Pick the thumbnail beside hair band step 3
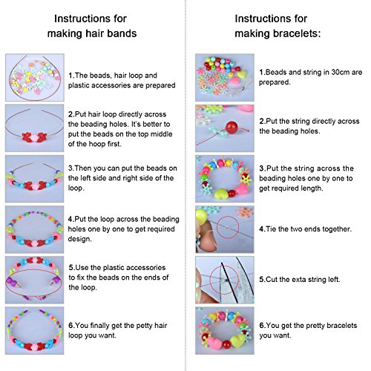coord(33,177)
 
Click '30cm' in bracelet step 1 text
coord(331,71)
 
